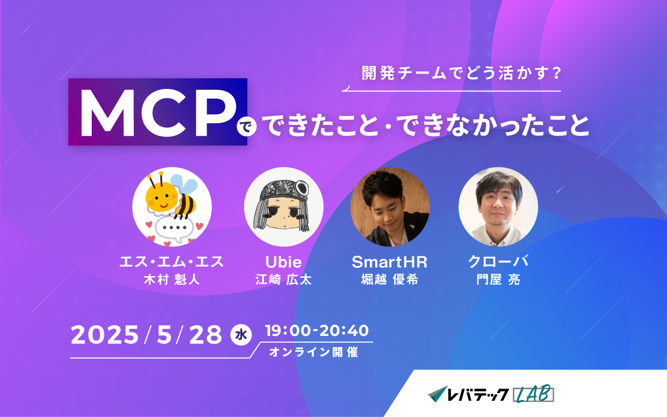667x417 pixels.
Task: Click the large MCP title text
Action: coord(158,113)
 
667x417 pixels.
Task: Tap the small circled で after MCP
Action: coord(246,127)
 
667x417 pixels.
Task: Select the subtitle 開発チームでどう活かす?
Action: coord(461,73)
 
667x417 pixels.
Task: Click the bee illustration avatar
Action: coord(172,207)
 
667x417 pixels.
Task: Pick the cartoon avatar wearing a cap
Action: coord(284,207)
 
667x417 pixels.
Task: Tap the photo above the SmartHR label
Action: coord(390,207)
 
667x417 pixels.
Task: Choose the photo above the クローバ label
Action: coord(498,207)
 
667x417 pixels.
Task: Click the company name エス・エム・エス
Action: coord(172,262)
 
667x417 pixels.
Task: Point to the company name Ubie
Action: coord(283,262)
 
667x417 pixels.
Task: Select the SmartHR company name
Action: coord(390,262)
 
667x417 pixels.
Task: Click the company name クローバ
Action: coord(498,261)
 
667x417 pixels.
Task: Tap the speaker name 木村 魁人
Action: coord(172,280)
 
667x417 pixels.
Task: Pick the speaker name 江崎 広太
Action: coord(283,280)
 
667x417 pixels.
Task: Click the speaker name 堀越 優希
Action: coord(390,280)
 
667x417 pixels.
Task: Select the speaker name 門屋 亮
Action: coord(498,280)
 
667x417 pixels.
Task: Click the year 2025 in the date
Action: coord(105,335)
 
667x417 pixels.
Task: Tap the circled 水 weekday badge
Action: coord(241,335)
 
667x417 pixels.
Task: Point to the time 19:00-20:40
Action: coord(317,331)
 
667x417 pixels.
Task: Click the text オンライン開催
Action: coord(314,352)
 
